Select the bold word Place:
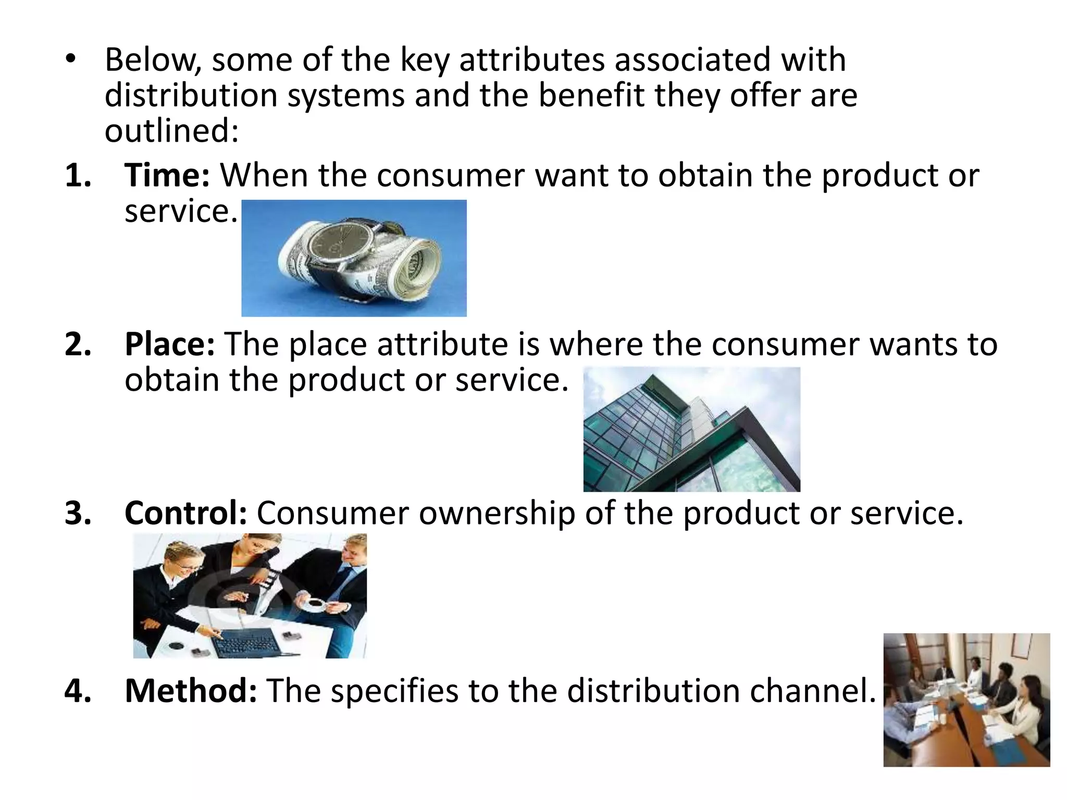coord(169,344)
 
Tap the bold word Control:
coord(185,514)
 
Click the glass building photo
coord(691,429)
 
